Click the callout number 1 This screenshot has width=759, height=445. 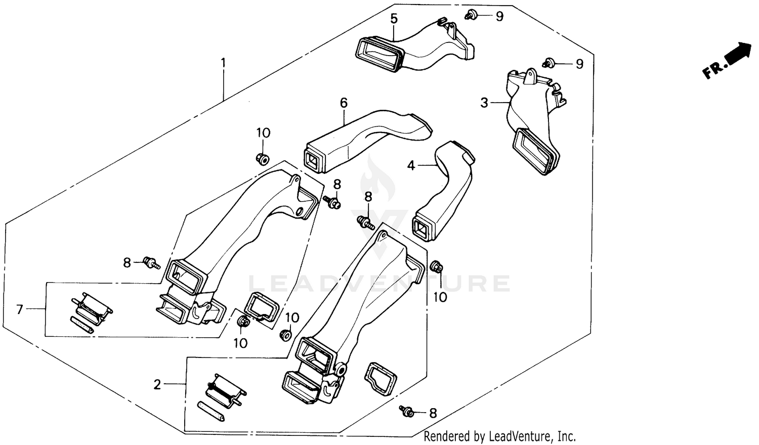click(223, 64)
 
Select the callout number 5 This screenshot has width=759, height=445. click(394, 19)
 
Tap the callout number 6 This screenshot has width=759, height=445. click(344, 103)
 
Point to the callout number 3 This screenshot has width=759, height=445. click(484, 103)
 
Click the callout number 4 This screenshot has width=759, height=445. click(411, 165)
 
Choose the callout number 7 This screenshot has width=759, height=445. click(20, 309)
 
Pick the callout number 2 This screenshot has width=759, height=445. click(157, 385)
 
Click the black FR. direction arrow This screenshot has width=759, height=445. click(739, 54)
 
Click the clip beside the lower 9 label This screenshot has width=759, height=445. click(549, 63)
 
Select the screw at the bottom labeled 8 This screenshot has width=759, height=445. click(406, 412)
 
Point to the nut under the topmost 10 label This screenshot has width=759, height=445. click(263, 158)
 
